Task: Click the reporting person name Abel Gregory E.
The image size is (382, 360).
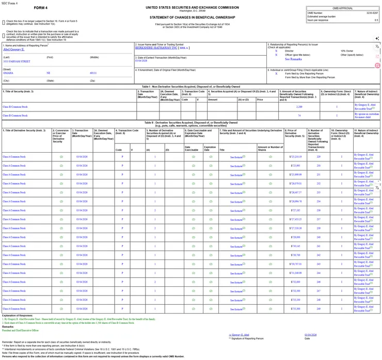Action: [x=13, y=50]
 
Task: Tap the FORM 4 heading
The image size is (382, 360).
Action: [x=41, y=8]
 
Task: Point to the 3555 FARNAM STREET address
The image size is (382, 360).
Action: [x=17, y=61]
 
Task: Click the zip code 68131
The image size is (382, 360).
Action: [x=93, y=73]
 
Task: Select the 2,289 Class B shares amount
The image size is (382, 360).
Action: [x=299, y=107]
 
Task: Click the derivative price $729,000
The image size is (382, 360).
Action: [x=295, y=237]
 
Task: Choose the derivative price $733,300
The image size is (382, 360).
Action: [x=295, y=308]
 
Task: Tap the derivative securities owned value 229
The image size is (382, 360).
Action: [x=319, y=156]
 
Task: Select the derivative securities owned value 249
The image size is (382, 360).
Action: [x=319, y=308]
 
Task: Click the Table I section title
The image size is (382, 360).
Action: [x=191, y=87]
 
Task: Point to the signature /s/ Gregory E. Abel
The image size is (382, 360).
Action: [x=242, y=335]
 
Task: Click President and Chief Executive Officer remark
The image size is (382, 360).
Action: [x=21, y=330]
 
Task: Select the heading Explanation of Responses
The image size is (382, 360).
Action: [x=18, y=315]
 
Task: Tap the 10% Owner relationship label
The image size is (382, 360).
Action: [x=347, y=51]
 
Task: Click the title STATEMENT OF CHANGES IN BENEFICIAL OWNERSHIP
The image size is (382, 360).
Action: [x=192, y=18]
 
